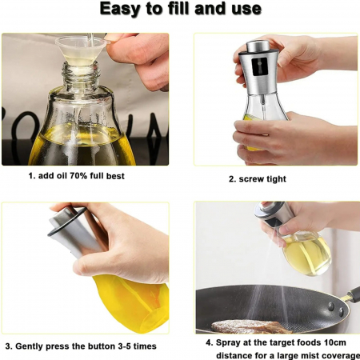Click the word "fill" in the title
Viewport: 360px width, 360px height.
click(178, 9)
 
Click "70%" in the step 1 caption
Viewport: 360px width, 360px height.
click(78, 176)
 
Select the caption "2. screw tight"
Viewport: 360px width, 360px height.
click(258, 179)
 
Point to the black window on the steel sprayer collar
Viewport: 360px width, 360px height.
click(260, 66)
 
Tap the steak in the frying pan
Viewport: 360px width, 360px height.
click(250, 326)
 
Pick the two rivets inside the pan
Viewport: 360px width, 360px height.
click(336, 309)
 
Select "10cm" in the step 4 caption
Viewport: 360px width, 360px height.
click(335, 342)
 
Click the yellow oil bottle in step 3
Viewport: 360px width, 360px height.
click(130, 302)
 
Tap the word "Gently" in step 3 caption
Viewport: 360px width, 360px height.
click(29, 346)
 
